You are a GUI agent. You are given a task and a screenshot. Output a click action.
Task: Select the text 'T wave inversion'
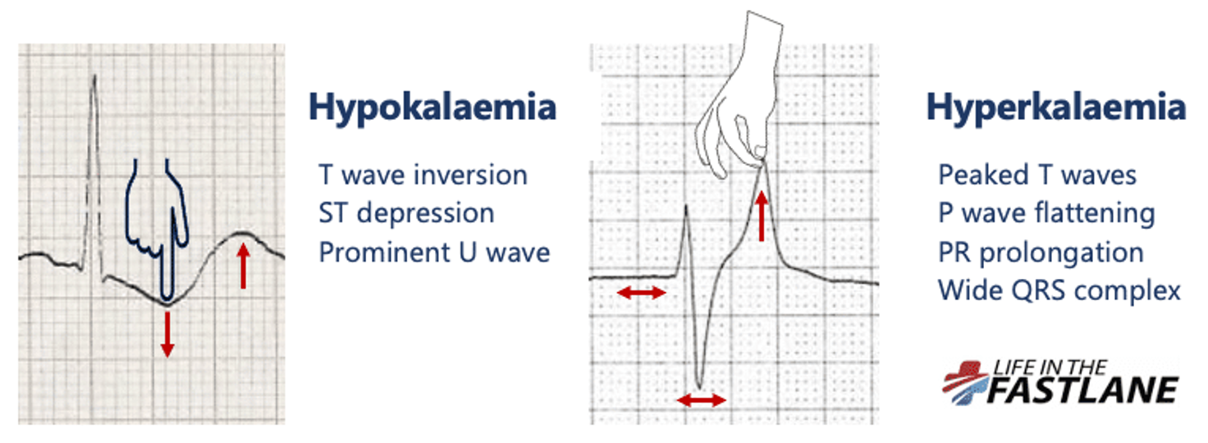pyautogui.click(x=423, y=176)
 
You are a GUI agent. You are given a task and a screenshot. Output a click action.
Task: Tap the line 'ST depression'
pyautogui.click(x=406, y=213)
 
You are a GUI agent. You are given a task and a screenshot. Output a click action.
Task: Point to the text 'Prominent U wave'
pyautogui.click(x=434, y=252)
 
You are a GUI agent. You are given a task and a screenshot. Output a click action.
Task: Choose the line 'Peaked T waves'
pyautogui.click(x=1037, y=176)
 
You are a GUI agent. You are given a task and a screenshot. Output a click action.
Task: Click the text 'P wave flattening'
pyautogui.click(x=1046, y=213)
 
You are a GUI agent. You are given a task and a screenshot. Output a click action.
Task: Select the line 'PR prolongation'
pyautogui.click(x=1041, y=252)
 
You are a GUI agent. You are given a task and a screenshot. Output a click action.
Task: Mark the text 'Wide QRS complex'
pyautogui.click(x=1059, y=290)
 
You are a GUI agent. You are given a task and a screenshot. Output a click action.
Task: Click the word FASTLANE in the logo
pyautogui.click(x=1082, y=390)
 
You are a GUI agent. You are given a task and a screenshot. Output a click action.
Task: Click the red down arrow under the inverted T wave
pyautogui.click(x=167, y=334)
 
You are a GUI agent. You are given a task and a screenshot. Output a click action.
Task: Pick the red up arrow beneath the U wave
pyautogui.click(x=243, y=265)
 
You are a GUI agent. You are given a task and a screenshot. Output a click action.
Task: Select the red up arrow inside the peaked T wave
pyautogui.click(x=761, y=216)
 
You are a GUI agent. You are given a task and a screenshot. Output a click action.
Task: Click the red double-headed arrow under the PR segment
pyautogui.click(x=641, y=293)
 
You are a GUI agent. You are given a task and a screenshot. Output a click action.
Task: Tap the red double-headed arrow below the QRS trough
pyautogui.click(x=701, y=400)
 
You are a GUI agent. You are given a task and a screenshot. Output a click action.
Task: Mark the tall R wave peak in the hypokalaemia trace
pyautogui.click(x=95, y=75)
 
